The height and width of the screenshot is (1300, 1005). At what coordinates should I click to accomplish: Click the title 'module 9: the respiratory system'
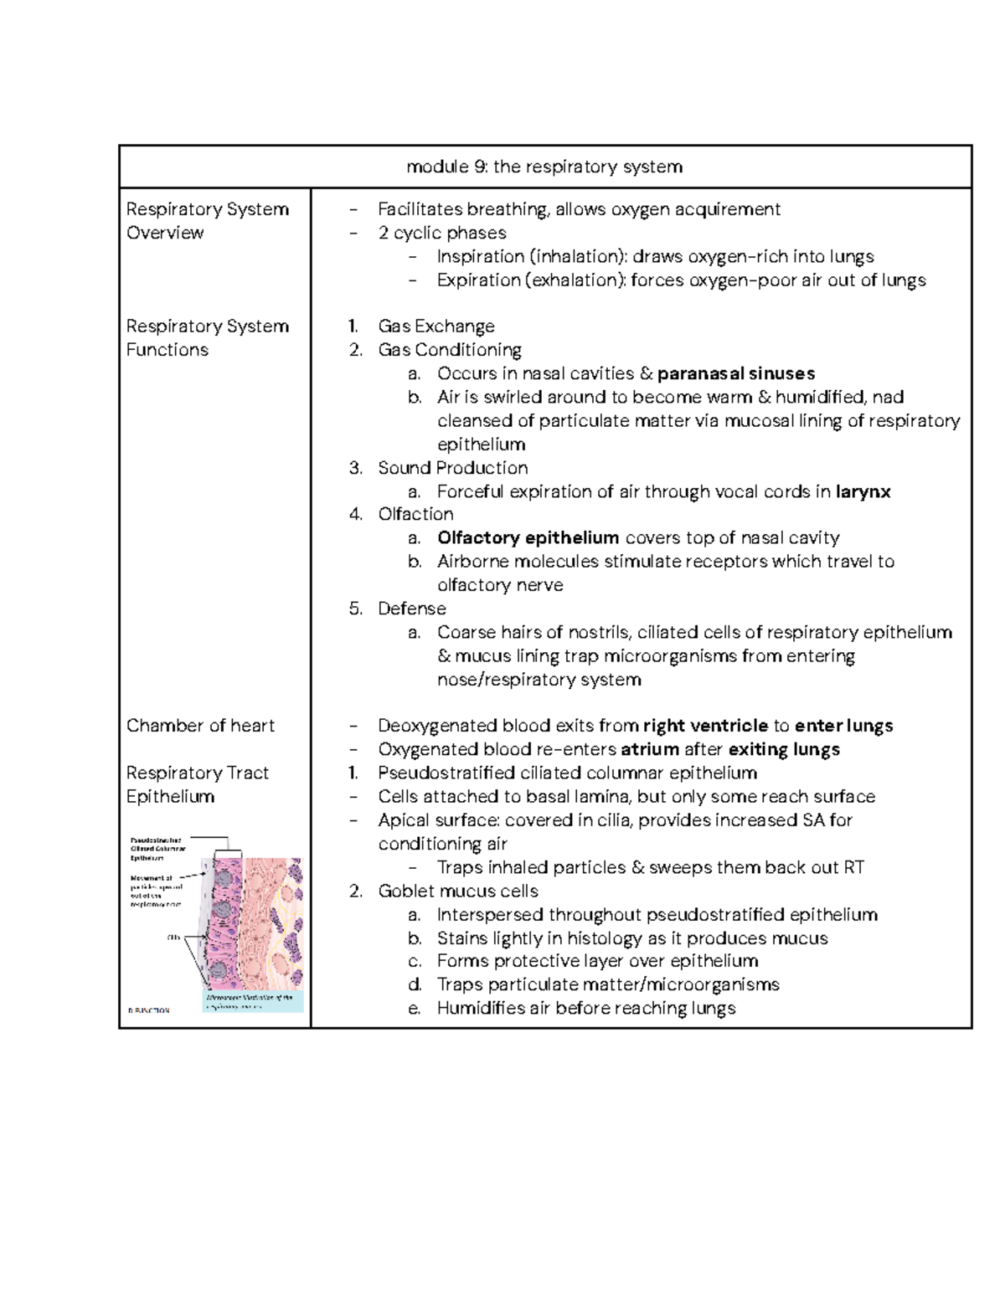544,167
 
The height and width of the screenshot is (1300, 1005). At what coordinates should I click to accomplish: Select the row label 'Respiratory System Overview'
207,221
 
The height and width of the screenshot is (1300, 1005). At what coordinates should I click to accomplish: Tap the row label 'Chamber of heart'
200,726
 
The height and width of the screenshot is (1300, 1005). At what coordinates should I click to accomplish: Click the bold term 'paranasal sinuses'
736,373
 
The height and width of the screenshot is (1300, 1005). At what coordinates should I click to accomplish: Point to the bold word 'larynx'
863,491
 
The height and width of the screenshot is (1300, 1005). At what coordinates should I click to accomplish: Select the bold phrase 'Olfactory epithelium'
528,537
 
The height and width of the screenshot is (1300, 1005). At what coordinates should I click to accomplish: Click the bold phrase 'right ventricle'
705,726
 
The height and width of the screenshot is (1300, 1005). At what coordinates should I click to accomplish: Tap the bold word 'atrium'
649,749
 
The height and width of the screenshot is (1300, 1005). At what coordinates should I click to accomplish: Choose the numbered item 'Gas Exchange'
435,326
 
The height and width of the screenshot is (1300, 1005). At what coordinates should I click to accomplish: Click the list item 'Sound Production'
452,468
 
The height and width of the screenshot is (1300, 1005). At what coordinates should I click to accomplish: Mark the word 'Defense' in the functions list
411,609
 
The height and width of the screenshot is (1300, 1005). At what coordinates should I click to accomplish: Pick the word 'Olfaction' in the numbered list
415,514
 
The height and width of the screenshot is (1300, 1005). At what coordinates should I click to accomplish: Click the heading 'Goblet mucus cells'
457,891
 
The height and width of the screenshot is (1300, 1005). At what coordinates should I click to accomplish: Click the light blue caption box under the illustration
254,1002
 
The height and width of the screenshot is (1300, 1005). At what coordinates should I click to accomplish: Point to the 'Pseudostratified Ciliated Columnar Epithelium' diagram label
158,848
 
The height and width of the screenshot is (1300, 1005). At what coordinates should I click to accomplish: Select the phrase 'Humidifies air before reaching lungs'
585,1008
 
